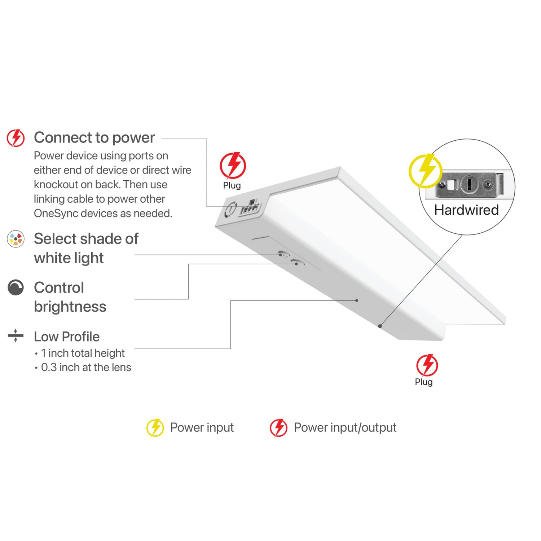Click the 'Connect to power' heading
94,138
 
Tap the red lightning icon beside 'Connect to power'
16,138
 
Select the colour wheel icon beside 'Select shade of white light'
16,239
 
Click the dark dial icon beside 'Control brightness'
16,287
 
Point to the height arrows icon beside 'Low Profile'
16,335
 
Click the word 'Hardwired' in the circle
466,210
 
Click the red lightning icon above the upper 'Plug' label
233,166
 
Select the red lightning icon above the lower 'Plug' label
427,365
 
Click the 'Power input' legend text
202,428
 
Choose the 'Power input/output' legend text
345,428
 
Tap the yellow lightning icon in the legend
155,428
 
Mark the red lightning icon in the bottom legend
279,428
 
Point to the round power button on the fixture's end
230,209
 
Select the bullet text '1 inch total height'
83,353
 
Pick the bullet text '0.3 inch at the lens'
86,368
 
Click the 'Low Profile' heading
67,337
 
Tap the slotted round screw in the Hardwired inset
469,184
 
